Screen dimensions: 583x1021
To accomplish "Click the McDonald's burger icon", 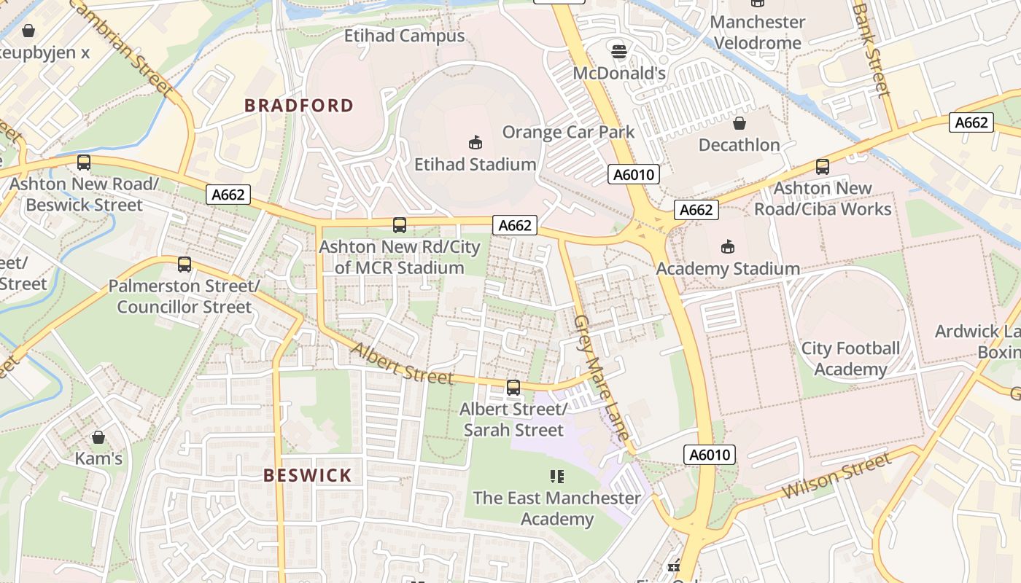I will coord(619,51).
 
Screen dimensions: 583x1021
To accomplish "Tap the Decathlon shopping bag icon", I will coord(739,123).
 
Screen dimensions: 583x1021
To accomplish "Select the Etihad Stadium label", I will coord(475,165).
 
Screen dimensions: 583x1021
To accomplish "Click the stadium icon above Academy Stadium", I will coord(727,247).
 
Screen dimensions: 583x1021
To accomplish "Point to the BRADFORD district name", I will coord(299,106).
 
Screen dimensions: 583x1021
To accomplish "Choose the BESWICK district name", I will coord(308,476).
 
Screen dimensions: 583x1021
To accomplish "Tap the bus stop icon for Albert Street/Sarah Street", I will coord(513,388).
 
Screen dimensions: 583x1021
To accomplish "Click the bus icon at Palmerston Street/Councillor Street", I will coord(185,265).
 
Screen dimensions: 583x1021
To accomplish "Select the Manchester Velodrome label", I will coord(758,32).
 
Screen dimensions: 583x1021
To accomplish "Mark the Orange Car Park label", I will coord(568,132).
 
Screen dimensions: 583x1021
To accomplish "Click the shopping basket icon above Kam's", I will coord(98,437).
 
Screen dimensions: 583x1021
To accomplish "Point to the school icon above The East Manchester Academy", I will coord(556,477).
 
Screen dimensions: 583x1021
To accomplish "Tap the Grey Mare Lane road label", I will coord(601,377).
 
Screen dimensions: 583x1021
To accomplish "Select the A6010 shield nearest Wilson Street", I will coord(710,455).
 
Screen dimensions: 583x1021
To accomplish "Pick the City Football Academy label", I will coord(850,359).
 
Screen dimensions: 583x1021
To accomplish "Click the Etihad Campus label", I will coord(404,36).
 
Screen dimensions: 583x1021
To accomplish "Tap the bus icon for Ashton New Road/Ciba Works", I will coord(823,167).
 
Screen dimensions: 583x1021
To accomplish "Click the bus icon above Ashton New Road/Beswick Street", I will coord(84,163).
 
